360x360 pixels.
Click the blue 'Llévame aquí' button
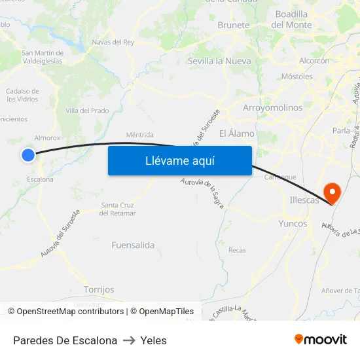tap(180, 160)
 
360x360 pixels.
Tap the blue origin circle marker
tap(27, 154)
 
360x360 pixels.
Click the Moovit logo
tap(321, 339)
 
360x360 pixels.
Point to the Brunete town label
tap(234, 25)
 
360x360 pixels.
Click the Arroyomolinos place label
tap(272, 107)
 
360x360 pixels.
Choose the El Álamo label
tap(237, 134)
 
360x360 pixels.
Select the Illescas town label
tap(304, 200)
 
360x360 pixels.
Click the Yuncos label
tap(293, 223)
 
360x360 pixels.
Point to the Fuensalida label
tap(133, 245)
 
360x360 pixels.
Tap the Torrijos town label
tap(99, 289)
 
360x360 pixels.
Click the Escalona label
tap(41, 179)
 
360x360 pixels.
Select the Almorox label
tap(47, 138)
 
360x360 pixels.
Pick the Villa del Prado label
tap(87, 111)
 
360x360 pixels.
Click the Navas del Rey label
tap(113, 42)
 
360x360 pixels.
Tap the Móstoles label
tap(297, 76)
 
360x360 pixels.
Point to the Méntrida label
tap(139, 135)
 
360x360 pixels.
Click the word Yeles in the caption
tap(154, 340)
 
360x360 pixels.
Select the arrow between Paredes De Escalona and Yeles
tap(129, 340)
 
